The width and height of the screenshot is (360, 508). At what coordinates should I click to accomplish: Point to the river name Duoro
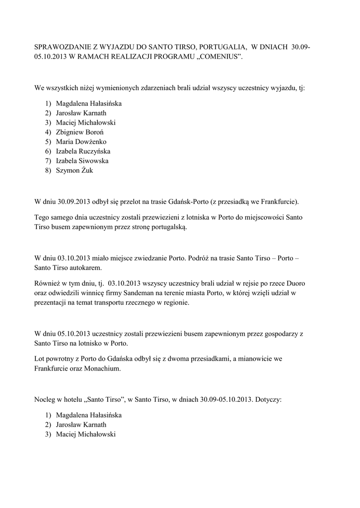pos(294,284)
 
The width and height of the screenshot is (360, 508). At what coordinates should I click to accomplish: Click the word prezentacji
pos(52,303)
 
